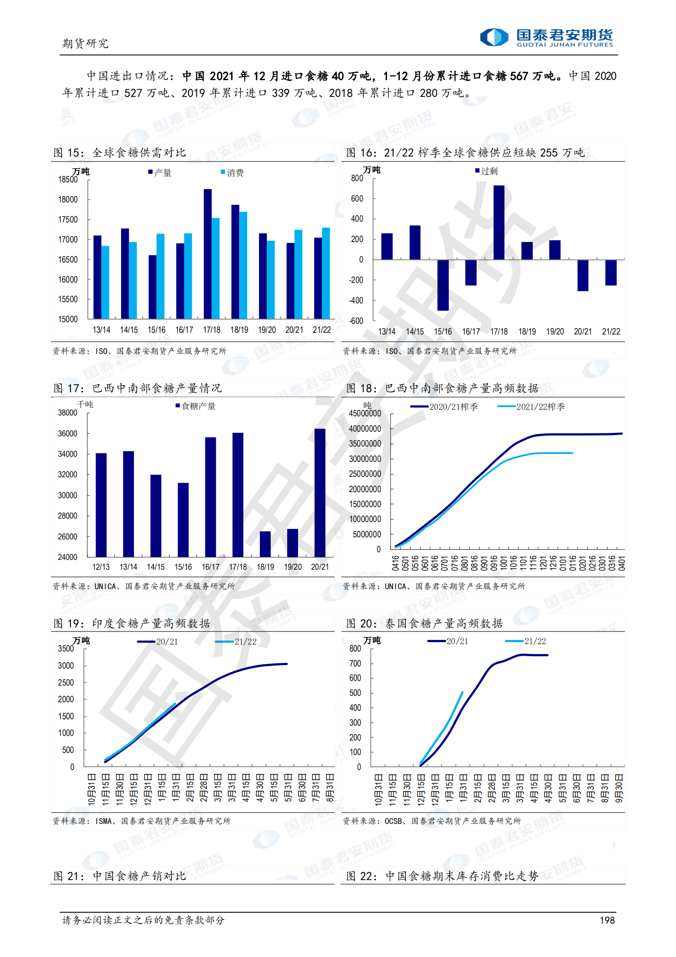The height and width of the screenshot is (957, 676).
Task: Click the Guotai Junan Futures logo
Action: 546,37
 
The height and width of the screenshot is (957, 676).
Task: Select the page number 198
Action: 607,920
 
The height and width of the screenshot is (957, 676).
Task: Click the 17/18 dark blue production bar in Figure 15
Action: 208,254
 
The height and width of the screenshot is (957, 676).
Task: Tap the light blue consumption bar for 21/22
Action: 326,273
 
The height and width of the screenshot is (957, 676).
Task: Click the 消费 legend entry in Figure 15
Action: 232,173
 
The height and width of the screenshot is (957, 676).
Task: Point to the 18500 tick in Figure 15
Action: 68,179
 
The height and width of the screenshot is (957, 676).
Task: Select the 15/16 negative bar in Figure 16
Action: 443,285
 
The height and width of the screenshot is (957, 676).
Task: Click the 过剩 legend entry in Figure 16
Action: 486,171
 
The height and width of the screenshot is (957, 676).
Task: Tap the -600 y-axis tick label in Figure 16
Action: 356,321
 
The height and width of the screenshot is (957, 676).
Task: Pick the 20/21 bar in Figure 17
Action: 320,493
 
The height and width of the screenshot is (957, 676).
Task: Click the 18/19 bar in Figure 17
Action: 265,544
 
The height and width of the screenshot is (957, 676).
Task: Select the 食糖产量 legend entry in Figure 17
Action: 196,406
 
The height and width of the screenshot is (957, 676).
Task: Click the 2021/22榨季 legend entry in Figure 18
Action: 531,406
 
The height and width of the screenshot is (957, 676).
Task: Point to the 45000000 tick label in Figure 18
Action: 365,413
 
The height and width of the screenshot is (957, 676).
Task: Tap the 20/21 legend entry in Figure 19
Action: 158,641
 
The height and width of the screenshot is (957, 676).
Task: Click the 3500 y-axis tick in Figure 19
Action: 66,649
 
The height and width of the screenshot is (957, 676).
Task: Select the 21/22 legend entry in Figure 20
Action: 526,641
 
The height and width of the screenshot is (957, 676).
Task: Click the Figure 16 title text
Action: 465,153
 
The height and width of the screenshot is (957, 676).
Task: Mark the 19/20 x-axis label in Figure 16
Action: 555,331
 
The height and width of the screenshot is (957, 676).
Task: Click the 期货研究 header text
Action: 85,43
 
